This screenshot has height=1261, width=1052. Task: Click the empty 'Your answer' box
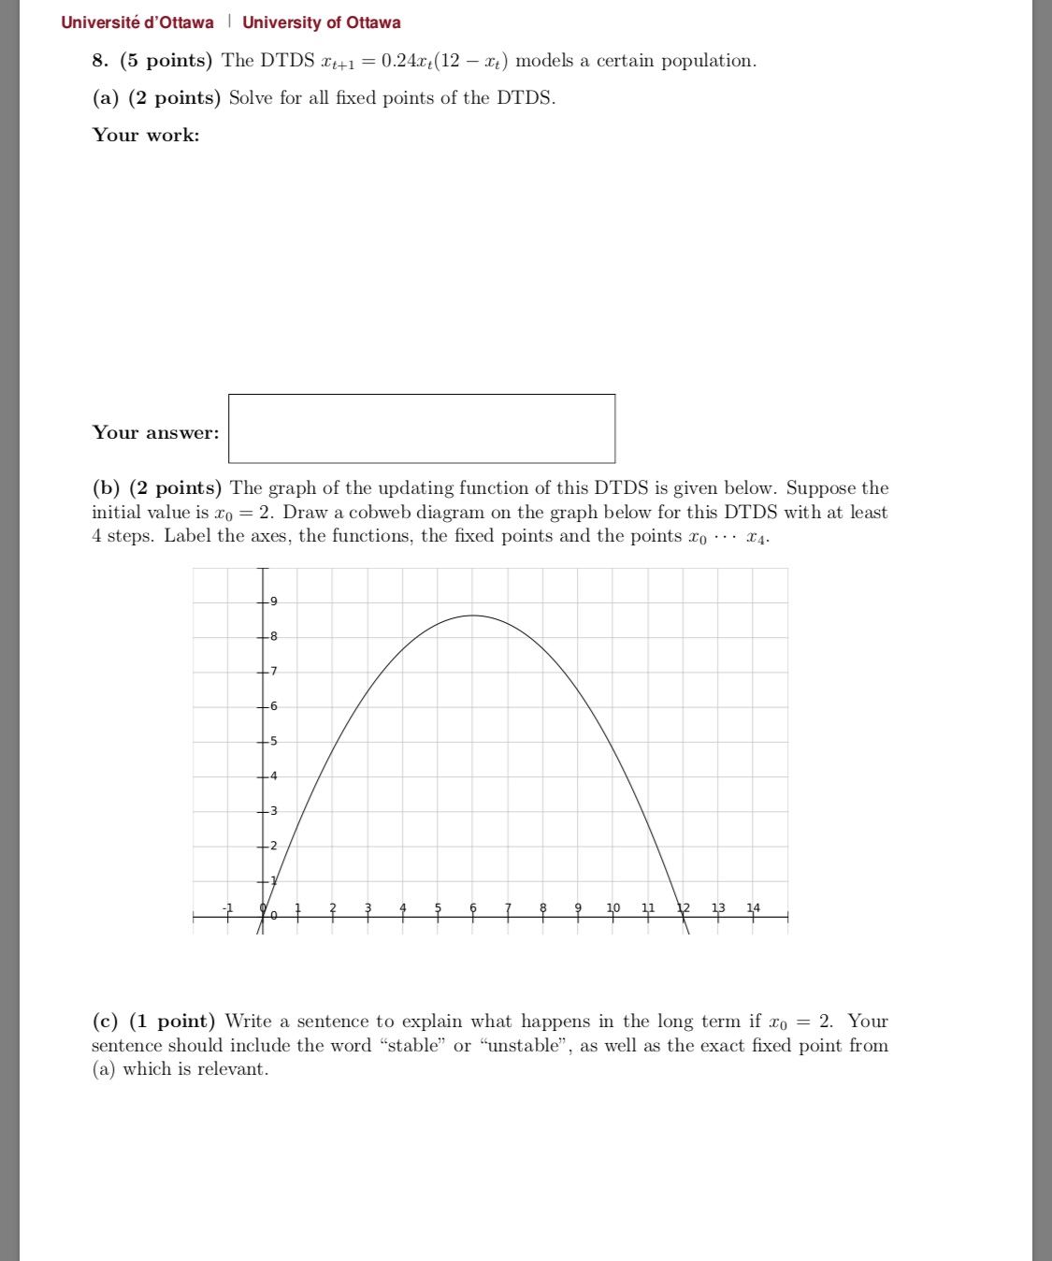coord(422,428)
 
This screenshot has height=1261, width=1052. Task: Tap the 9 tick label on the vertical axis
coord(273,601)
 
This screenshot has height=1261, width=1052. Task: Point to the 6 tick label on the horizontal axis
coord(472,907)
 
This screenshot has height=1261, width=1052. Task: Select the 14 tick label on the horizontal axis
coord(753,907)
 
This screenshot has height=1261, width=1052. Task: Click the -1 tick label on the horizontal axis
coord(226,907)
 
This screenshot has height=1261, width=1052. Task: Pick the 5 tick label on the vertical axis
coord(273,741)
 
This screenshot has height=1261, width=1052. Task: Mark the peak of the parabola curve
coord(473,616)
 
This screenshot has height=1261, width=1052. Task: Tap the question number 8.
coord(100,61)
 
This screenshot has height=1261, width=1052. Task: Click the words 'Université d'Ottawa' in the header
coord(137,22)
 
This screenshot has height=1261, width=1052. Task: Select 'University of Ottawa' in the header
coord(322,22)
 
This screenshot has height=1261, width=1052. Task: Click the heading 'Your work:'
coord(146,135)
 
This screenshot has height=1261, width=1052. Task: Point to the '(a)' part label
coord(105,98)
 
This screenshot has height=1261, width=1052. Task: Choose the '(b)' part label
coord(106,488)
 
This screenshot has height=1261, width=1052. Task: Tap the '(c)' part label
coord(105,1022)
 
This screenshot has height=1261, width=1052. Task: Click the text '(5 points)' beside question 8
coord(166,61)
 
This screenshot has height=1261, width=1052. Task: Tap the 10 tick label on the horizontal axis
coord(613,907)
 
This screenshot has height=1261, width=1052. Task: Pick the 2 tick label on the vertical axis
coord(273,846)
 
